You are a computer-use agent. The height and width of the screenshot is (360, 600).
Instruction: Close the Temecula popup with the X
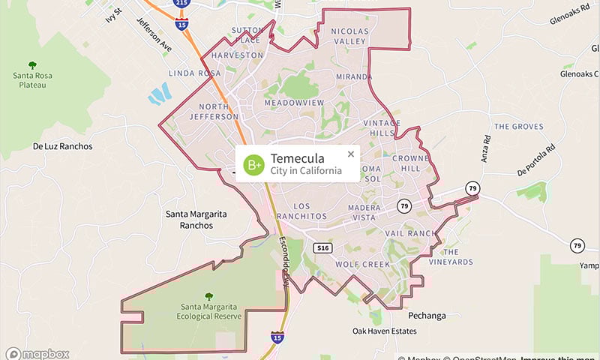(350, 154)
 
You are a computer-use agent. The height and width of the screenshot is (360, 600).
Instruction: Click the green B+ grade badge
(255, 163)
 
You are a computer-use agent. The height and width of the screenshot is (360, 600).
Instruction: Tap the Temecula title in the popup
(297, 158)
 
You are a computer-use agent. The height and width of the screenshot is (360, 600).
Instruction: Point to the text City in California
(306, 172)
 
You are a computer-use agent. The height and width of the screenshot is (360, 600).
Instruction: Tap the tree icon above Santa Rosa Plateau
(31, 66)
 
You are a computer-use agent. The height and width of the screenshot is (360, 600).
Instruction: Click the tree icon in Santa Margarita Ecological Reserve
(208, 295)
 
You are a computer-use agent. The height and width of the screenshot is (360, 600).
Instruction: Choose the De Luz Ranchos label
(62, 146)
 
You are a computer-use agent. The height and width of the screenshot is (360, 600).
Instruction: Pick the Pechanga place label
(427, 316)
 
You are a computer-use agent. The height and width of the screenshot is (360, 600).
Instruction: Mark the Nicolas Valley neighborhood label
(350, 36)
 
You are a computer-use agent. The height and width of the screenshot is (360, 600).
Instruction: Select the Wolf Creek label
(362, 264)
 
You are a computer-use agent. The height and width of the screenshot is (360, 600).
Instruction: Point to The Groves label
(518, 127)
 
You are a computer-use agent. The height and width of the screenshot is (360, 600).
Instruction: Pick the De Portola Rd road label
(539, 160)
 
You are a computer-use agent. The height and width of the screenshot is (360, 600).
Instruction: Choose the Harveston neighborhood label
(237, 55)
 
